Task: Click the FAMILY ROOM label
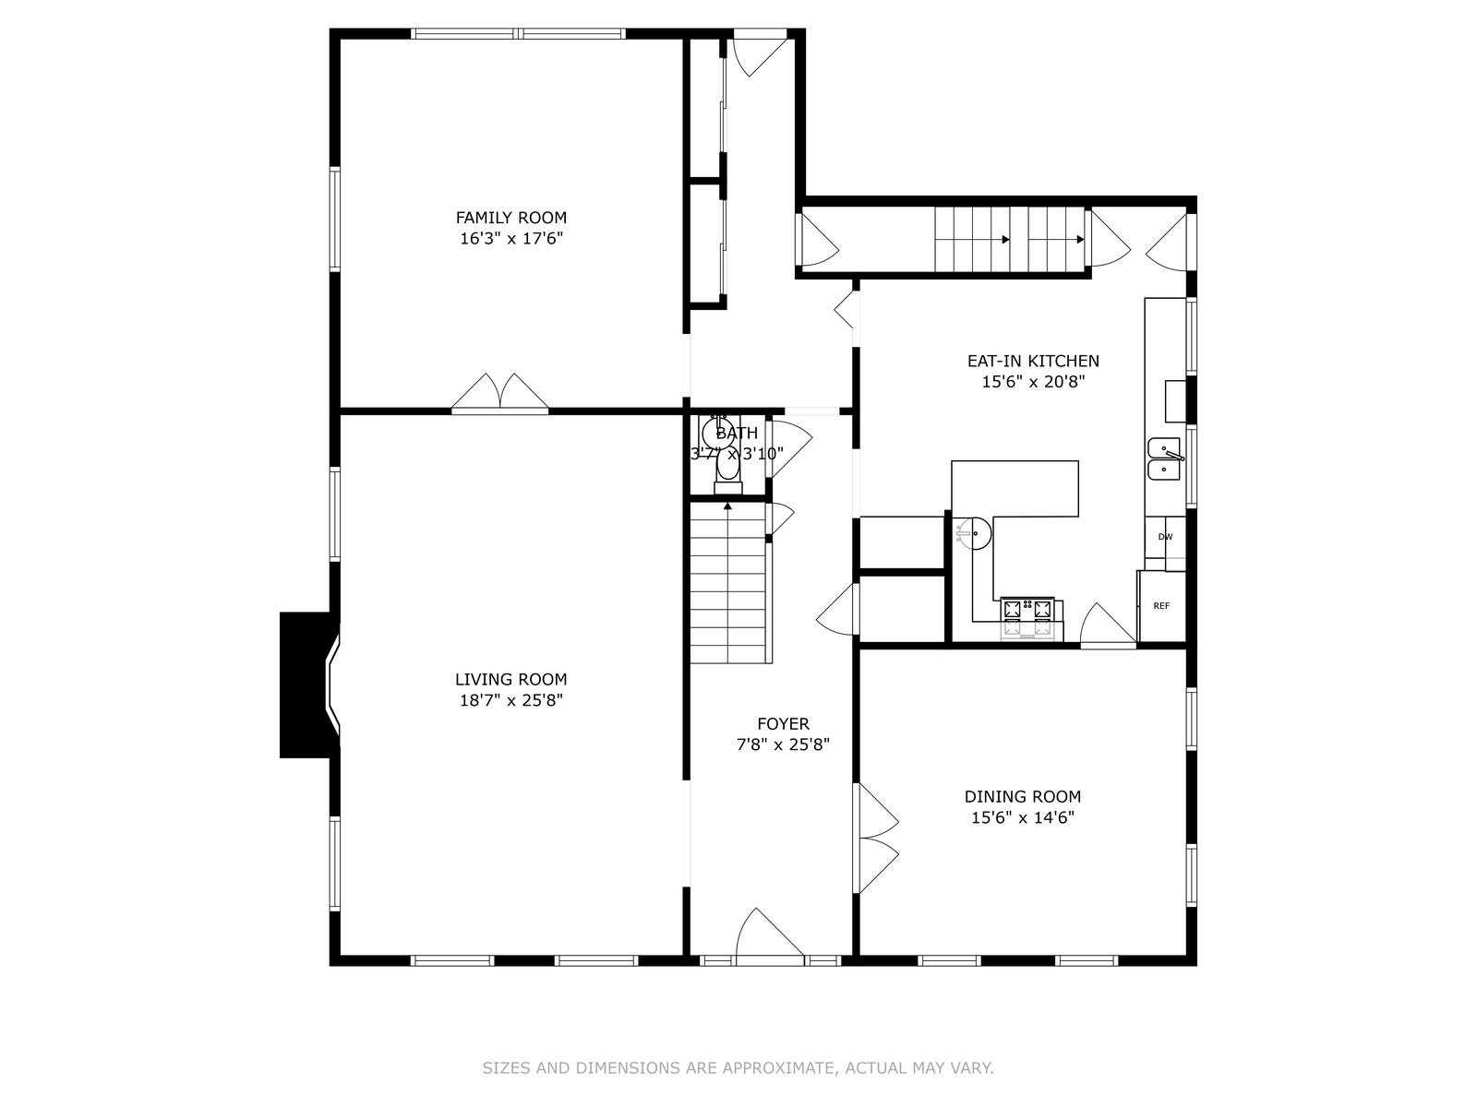[510, 218]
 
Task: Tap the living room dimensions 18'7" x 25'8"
[510, 700]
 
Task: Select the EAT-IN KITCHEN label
[1032, 362]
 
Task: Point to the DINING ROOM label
[1022, 797]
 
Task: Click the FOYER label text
[783, 724]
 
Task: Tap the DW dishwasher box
[1165, 537]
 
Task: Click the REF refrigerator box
[1161, 606]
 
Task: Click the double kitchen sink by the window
[1164, 458]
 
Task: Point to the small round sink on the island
[972, 534]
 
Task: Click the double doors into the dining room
[876, 838]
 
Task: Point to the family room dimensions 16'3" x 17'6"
[510, 239]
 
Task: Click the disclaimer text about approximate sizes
[738, 1068]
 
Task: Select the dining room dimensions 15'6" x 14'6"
[1022, 817]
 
